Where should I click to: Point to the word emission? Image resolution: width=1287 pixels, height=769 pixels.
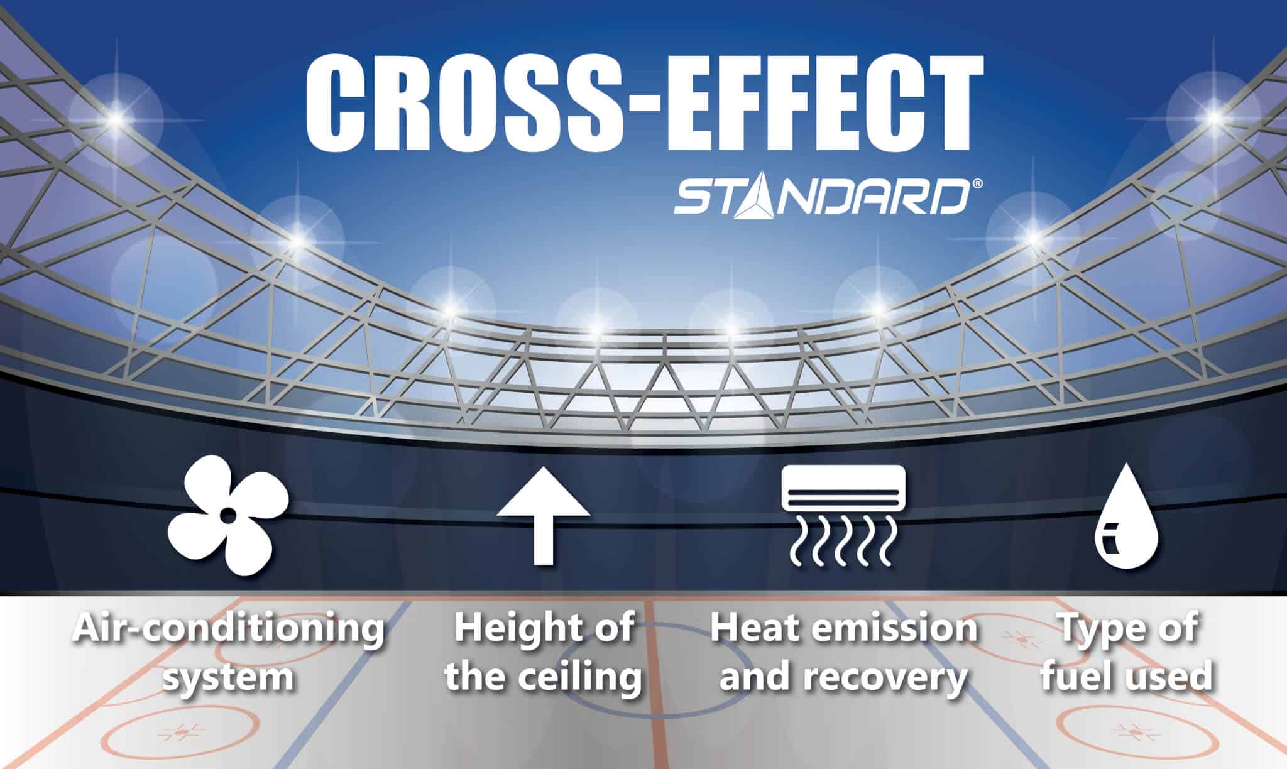pos(892,628)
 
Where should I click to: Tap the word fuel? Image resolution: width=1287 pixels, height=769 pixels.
pos(1074,677)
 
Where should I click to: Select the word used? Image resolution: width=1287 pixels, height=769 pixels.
pos(1165,677)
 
